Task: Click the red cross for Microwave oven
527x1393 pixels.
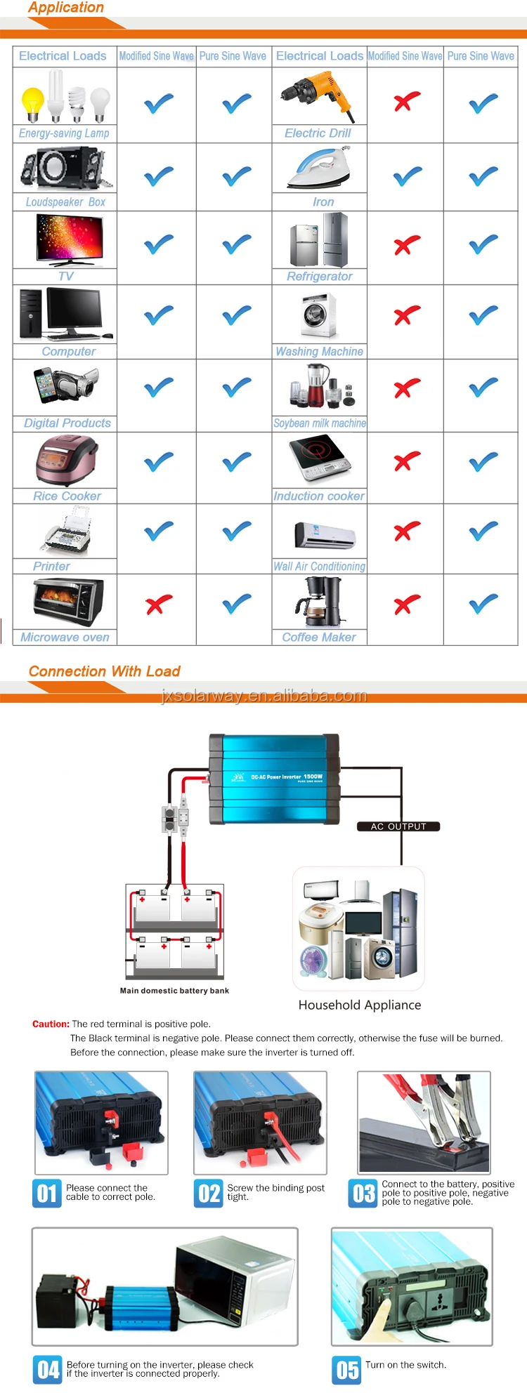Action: (x=159, y=604)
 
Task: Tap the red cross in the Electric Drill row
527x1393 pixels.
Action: (x=407, y=103)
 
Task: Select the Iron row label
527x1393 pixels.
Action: (x=323, y=202)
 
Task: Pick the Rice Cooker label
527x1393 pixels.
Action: (x=67, y=496)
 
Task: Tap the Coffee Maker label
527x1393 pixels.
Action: (x=319, y=637)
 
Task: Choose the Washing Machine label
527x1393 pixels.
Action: (x=319, y=351)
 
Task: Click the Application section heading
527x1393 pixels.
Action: (x=66, y=8)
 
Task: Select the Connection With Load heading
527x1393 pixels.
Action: (x=104, y=671)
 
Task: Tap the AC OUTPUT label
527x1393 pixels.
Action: (x=398, y=826)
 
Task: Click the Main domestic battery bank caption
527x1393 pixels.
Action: (x=174, y=991)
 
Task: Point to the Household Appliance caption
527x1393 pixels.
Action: (x=360, y=1005)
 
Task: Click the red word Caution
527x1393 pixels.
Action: (x=51, y=1024)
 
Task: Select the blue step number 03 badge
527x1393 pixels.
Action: (x=363, y=1193)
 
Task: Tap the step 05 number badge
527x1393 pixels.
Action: (x=346, y=1370)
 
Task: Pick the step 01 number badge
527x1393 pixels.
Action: (x=47, y=1193)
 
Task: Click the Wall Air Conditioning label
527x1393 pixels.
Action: (x=319, y=566)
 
